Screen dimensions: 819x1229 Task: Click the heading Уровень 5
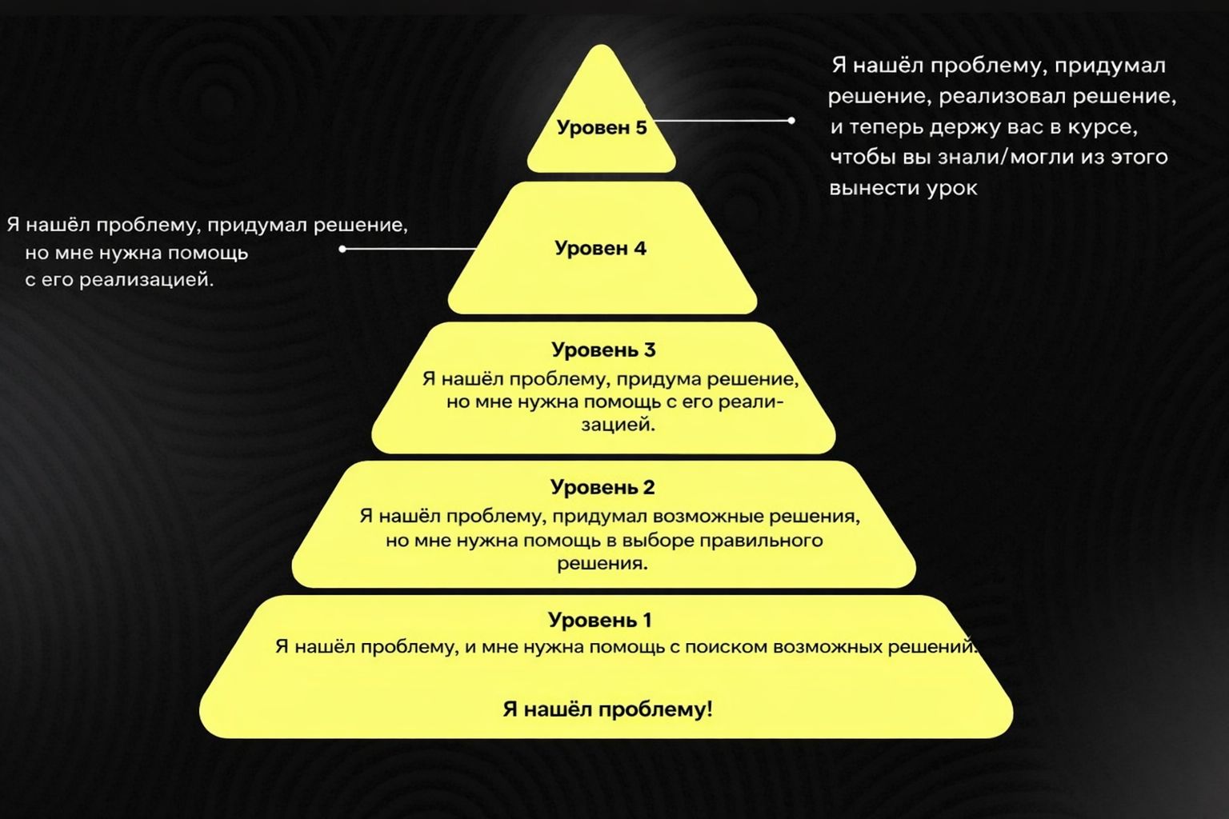pos(602,128)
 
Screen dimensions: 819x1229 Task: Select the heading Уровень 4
pos(600,248)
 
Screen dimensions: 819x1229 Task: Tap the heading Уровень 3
pos(603,350)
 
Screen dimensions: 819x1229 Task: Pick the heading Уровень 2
pos(602,487)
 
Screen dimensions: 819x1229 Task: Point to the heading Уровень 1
pos(600,620)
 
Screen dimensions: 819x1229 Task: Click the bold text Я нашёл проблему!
pos(607,709)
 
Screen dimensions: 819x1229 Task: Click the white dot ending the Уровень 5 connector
pos(791,121)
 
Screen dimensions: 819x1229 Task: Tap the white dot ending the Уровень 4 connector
pos(342,249)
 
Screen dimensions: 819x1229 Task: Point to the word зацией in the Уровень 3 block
pos(618,425)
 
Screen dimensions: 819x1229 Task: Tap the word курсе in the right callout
pos(1103,127)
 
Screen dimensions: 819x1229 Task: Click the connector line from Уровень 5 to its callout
pos(720,121)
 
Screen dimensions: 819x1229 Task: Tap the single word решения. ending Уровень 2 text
pos(602,563)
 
